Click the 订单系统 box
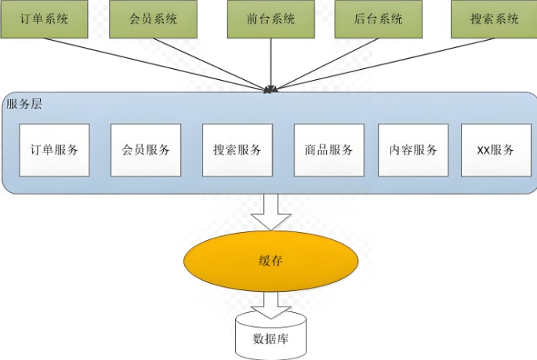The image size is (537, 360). click(43, 19)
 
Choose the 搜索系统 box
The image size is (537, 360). click(490, 19)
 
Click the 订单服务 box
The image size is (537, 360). click(54, 150)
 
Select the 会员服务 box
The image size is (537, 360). click(146, 150)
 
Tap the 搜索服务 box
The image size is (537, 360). click(238, 150)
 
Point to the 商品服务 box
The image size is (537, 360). click(329, 150)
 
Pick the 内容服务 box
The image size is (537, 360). click(413, 150)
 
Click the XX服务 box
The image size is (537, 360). click(495, 150)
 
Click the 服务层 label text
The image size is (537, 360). click(24, 104)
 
